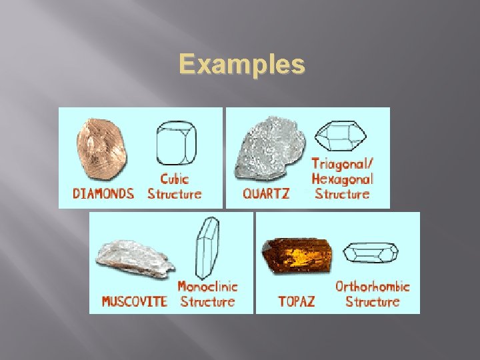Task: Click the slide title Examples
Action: click(242, 65)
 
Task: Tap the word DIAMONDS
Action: click(103, 194)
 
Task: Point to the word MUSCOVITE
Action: click(134, 301)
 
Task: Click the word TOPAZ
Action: click(296, 301)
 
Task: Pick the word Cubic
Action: click(175, 179)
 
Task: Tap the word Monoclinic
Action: click(207, 287)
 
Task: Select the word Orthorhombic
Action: click(372, 287)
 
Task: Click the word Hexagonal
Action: click(342, 179)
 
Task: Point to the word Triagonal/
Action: click(342, 163)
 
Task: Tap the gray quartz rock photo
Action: click(269, 149)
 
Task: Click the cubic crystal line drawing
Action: click(175, 144)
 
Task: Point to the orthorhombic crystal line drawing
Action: click(370, 253)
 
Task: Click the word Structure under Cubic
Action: click(175, 194)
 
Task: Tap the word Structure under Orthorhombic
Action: click(372, 301)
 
